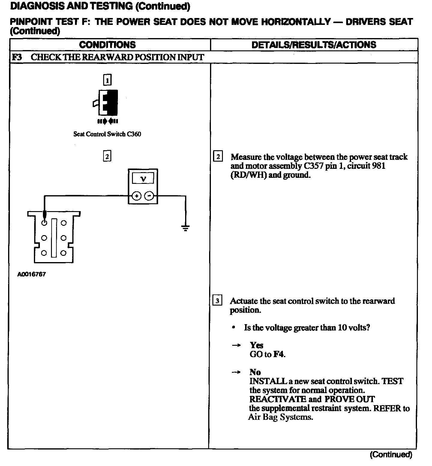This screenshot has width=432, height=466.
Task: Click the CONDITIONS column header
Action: [x=107, y=45]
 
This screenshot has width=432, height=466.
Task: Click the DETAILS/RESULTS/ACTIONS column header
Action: [x=313, y=45]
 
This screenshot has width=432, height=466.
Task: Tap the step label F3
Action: [x=17, y=57]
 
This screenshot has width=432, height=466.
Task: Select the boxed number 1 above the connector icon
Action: [x=107, y=80]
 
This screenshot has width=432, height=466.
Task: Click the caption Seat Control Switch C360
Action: [x=107, y=134]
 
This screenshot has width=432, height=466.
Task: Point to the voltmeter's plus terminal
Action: [x=136, y=196]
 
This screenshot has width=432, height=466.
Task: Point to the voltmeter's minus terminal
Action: [x=149, y=196]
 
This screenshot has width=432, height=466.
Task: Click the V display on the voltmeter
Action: [x=143, y=179]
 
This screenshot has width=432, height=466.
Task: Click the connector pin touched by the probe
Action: [x=44, y=223]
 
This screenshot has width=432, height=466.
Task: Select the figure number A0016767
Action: [x=31, y=274]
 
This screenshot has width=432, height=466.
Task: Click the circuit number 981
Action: [x=379, y=166]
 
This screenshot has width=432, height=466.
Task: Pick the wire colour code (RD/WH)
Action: [x=248, y=175]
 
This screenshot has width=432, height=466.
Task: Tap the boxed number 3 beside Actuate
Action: [x=217, y=300]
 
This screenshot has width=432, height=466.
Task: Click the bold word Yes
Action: [x=256, y=345]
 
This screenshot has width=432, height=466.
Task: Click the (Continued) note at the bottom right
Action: [x=391, y=455]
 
